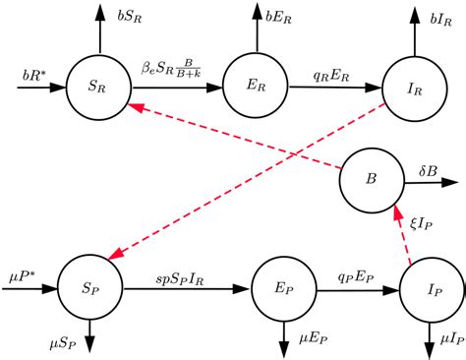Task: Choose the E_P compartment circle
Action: click(281, 290)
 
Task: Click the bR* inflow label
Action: click(36, 74)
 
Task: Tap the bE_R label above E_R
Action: click(279, 16)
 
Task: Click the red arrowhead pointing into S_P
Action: click(115, 256)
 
